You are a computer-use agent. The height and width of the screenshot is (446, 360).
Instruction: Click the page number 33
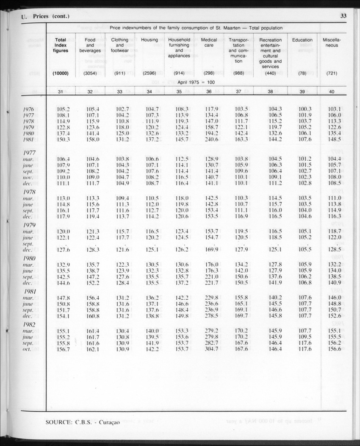pyautogui.click(x=343, y=17)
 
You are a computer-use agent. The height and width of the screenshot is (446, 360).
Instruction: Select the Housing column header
pyautogui.click(x=150, y=40)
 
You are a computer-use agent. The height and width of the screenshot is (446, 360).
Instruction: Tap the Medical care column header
pyautogui.click(x=209, y=42)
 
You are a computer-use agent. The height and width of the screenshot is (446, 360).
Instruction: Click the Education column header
pyautogui.click(x=302, y=40)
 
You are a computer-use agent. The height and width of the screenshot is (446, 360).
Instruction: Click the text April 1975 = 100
pyautogui.click(x=196, y=81)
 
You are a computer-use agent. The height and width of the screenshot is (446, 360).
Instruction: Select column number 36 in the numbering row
pyautogui.click(x=209, y=91)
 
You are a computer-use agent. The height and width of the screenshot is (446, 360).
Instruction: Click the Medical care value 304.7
pyautogui.click(x=209, y=349)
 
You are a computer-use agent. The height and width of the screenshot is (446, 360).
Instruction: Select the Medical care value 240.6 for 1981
pyautogui.click(x=209, y=139)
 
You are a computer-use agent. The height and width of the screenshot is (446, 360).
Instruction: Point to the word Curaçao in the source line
pyautogui.click(x=105, y=422)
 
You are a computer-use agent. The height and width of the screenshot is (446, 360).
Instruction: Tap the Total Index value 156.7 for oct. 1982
pyautogui.click(x=63, y=349)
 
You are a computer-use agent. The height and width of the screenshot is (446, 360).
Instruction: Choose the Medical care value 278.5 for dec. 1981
pyautogui.click(x=209, y=316)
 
